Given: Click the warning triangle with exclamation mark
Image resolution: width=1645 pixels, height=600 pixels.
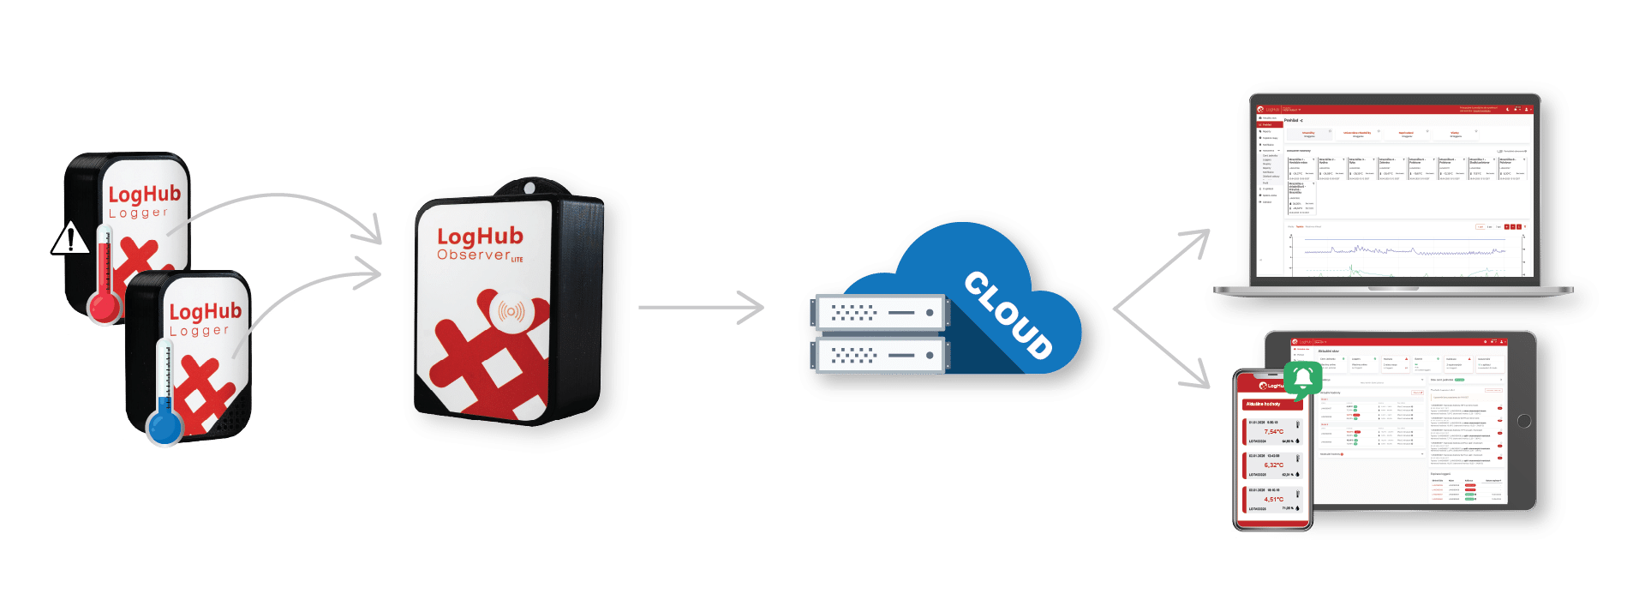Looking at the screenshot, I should click(x=70, y=238).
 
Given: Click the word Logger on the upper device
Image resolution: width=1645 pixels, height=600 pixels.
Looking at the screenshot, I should click(x=138, y=213).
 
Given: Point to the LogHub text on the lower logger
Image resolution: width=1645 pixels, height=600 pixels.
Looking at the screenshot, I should click(x=205, y=310).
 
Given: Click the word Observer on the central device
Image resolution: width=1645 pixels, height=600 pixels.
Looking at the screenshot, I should click(x=473, y=255).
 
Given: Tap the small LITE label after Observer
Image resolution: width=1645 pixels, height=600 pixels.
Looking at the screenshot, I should click(x=517, y=259).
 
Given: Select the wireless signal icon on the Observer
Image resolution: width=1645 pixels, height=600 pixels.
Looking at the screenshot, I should click(x=511, y=311).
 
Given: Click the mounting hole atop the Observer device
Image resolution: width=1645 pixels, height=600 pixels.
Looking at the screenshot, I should click(x=529, y=187).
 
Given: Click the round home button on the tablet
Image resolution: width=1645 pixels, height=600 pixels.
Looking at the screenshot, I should click(x=1523, y=421).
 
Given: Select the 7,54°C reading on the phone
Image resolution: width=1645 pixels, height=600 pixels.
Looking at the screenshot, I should click(x=1273, y=431).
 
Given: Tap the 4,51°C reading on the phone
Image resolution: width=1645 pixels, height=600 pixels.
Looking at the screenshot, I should click(x=1273, y=499).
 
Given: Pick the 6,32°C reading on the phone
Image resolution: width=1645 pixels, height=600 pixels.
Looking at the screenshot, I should click(x=1273, y=465).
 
